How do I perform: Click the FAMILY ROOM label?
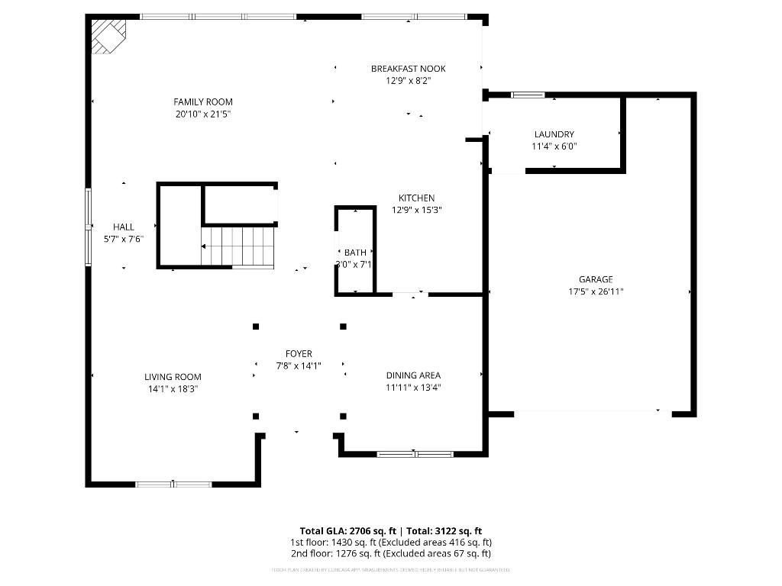(202, 101)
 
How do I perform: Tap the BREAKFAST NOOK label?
(408, 69)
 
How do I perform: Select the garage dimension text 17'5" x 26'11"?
(596, 291)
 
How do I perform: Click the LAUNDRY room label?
(554, 134)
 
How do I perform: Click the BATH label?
(355, 253)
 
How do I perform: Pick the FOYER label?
(299, 354)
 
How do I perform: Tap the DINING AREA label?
(413, 375)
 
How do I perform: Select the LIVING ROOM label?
(173, 377)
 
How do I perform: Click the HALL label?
(124, 227)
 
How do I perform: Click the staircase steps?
(238, 246)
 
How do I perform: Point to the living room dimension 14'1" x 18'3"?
(173, 389)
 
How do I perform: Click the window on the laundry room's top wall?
(528, 95)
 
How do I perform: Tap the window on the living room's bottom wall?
(173, 484)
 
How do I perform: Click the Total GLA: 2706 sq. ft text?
(347, 530)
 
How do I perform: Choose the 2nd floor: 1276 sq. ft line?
(390, 553)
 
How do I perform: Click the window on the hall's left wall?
(88, 227)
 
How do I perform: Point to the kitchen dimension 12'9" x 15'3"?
(416, 210)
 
